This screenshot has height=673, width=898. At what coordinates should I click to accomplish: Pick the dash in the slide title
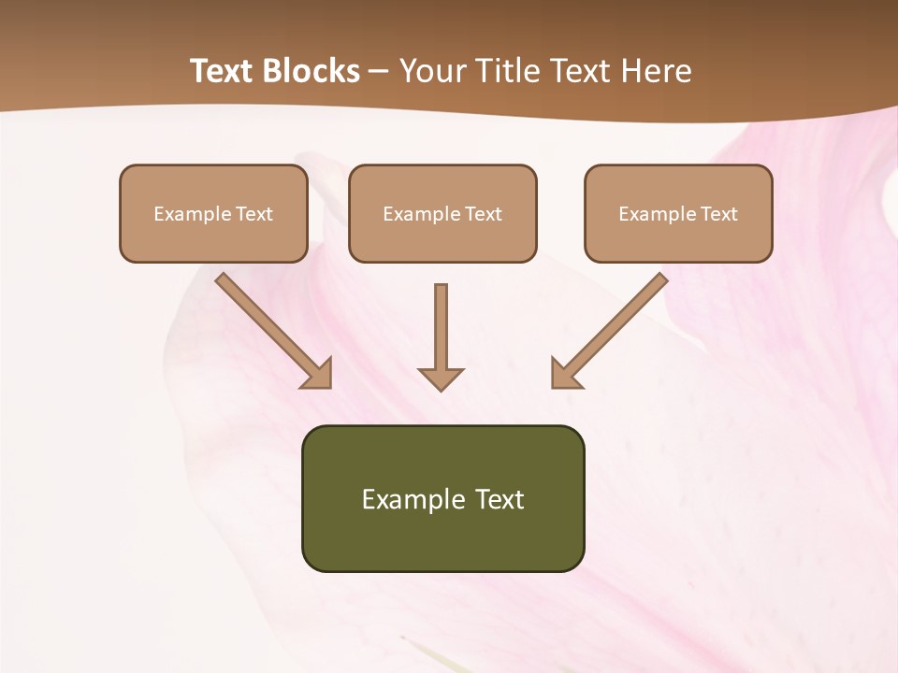click(x=379, y=71)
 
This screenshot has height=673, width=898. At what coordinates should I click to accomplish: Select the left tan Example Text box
click(x=213, y=214)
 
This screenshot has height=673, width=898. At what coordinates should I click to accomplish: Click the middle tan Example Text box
click(x=442, y=214)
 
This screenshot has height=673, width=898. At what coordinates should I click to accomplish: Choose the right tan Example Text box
click(x=678, y=214)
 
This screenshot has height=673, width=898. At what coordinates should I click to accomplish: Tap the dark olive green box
click(x=442, y=498)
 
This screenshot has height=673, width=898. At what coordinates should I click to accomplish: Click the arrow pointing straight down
click(x=441, y=336)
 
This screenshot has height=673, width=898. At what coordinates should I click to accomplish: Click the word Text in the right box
click(x=719, y=214)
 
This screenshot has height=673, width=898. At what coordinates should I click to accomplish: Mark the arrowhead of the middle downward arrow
click(x=441, y=378)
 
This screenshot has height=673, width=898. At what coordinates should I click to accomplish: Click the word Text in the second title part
click(x=581, y=71)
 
